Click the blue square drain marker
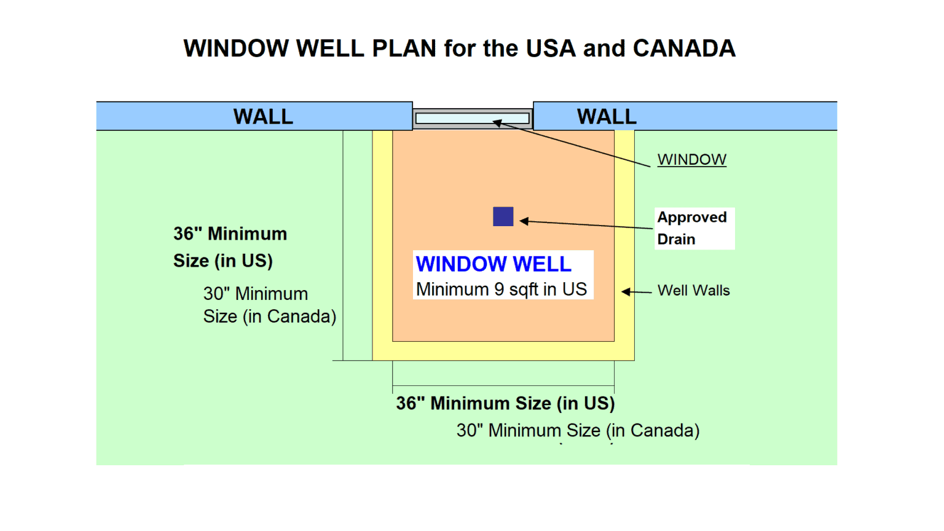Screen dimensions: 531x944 [x=503, y=216]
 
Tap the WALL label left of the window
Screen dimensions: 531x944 [x=263, y=116]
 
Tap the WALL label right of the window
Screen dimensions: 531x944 [x=607, y=116]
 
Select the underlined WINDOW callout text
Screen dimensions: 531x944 [x=691, y=159]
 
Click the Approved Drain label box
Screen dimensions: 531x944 [x=694, y=228]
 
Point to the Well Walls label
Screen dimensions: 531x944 [x=693, y=290]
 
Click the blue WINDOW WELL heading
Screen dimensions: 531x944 [x=494, y=264]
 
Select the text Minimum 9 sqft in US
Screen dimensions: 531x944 [x=502, y=289]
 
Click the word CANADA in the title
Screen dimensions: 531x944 [x=684, y=49]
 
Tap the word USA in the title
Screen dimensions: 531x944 [x=551, y=49]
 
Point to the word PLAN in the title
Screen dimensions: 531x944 [x=404, y=49]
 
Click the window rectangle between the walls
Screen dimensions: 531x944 [x=472, y=117]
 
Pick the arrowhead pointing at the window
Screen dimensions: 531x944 [x=497, y=123]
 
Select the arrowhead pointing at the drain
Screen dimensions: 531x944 [x=524, y=221]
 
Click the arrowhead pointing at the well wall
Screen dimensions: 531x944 [x=626, y=292]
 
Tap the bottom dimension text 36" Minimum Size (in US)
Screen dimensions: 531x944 [x=505, y=403]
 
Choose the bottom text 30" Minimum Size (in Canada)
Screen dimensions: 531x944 [x=578, y=430]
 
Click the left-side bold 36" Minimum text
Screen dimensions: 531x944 [x=230, y=234]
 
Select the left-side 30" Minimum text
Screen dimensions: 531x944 [x=256, y=294]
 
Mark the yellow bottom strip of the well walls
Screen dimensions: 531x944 [x=503, y=351]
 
